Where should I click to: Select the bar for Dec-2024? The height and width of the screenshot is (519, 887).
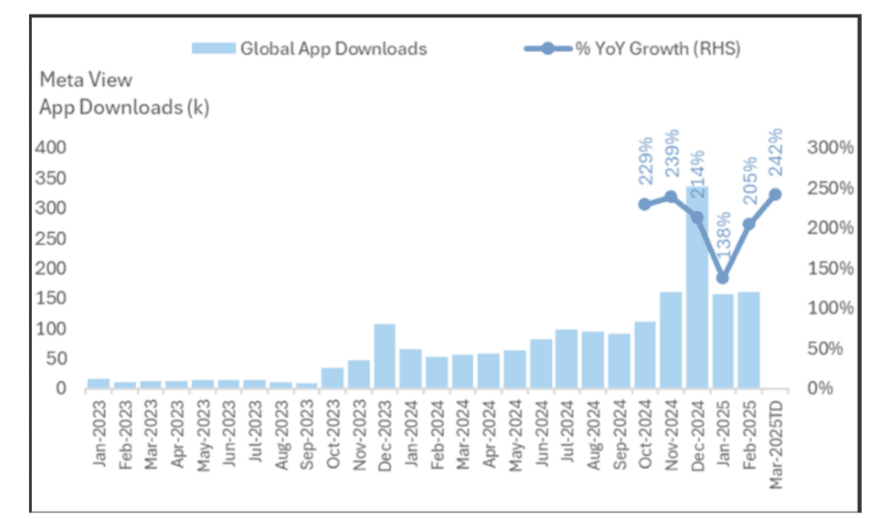point(697,290)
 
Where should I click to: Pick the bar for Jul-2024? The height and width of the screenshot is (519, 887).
point(567,359)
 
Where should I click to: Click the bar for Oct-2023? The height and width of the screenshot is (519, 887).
point(332,378)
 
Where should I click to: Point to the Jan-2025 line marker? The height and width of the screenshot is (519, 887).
point(723,278)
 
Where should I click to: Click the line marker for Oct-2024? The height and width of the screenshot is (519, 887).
point(645,205)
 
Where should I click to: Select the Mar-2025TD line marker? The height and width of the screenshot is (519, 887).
point(774,194)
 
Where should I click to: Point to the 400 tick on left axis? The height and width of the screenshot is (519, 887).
point(53,148)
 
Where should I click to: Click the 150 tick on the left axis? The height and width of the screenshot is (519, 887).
point(53,299)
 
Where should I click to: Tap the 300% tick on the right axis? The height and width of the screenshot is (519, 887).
point(828,148)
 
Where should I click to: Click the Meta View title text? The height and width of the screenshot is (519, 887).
point(85,80)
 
